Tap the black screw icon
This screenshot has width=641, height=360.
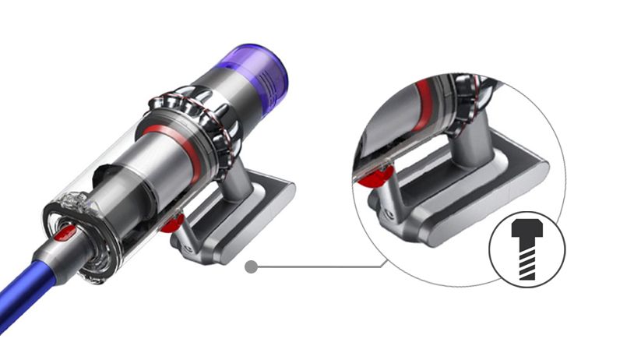[527, 248]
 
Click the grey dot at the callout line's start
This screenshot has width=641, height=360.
[251, 266]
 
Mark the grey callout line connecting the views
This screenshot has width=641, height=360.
[319, 266]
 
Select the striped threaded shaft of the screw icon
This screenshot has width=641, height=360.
[527, 260]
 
